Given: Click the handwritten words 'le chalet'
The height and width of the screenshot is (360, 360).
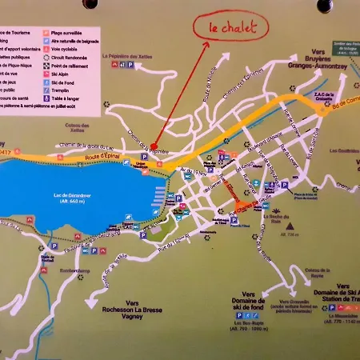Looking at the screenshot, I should pyautogui.click(x=234, y=27).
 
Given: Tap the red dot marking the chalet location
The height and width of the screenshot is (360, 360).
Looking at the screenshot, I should pyautogui.click(x=153, y=146).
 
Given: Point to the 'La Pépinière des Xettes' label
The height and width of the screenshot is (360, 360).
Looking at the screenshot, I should pyautogui.click(x=126, y=55).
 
